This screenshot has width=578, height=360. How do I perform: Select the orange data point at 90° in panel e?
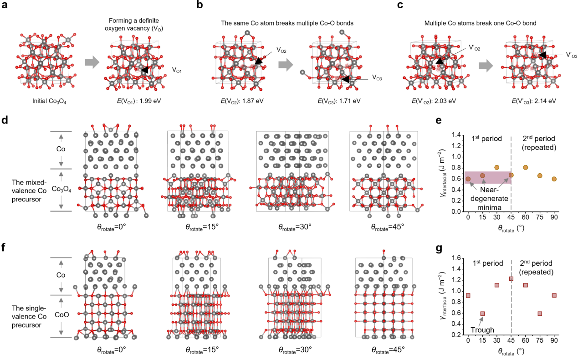(x=554, y=179)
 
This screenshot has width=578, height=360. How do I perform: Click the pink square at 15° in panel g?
(x=482, y=314)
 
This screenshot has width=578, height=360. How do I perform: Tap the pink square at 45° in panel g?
(x=511, y=279)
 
